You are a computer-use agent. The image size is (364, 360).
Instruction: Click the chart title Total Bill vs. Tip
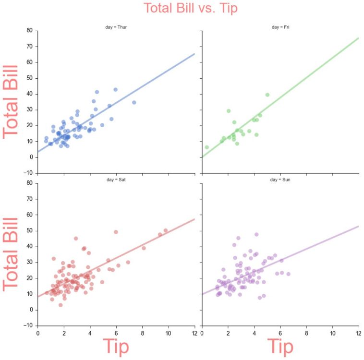(x=191, y=8)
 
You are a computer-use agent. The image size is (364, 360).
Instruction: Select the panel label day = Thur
(x=116, y=27)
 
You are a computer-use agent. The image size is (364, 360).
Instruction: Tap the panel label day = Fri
(x=280, y=27)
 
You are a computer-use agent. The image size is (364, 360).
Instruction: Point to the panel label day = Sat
(x=116, y=180)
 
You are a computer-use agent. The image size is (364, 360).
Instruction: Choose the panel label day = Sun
(x=280, y=180)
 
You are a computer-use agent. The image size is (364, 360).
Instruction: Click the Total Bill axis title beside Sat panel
(x=11, y=254)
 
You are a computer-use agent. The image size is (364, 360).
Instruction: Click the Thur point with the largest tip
(x=134, y=102)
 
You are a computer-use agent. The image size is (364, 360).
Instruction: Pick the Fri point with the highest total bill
(x=267, y=95)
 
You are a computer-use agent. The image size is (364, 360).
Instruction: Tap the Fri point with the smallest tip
(x=207, y=147)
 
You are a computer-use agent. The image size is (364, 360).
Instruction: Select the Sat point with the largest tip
(x=166, y=230)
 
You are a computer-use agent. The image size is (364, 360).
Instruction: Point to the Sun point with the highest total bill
(x=256, y=234)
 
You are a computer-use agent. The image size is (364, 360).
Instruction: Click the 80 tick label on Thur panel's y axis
(x=29, y=30)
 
